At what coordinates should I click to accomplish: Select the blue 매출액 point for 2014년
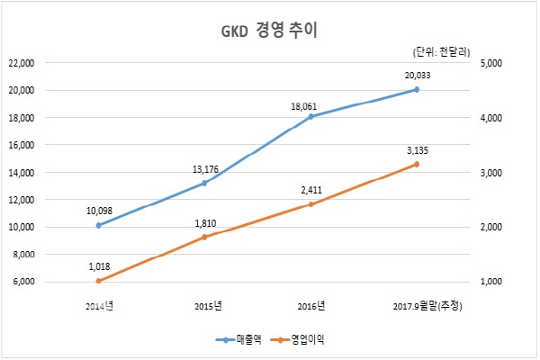(x=98, y=225)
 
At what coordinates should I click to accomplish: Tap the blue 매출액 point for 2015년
(x=204, y=183)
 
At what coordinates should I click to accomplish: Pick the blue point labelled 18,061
(x=310, y=116)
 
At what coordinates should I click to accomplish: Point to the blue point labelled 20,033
(x=417, y=89)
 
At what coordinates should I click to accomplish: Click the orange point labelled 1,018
(x=98, y=281)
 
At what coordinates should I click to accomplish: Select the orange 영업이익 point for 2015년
(x=204, y=237)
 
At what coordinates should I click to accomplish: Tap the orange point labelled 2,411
(x=310, y=204)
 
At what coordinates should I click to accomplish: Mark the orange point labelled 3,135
(x=417, y=164)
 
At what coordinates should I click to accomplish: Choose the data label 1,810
(x=204, y=221)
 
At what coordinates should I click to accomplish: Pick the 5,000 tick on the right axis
(x=491, y=63)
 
